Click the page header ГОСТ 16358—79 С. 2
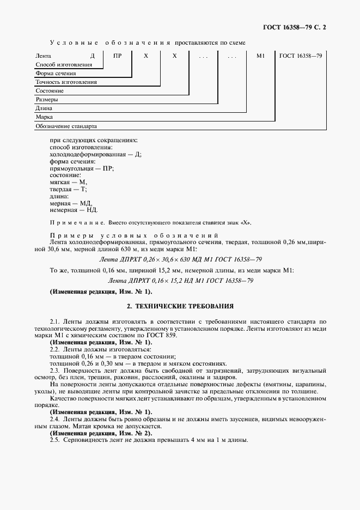tap(296, 27)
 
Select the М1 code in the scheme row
tap(260, 56)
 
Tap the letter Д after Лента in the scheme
tap(93, 56)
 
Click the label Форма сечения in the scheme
tap(56, 74)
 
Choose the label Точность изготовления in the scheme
tap(66, 82)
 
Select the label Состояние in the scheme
tap(50, 91)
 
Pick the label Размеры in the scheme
tap(47, 100)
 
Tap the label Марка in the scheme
tap(44, 117)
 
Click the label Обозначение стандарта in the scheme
tap(66, 126)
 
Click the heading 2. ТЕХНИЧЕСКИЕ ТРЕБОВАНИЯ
tap(180, 307)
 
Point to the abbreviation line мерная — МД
tap(71, 202)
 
